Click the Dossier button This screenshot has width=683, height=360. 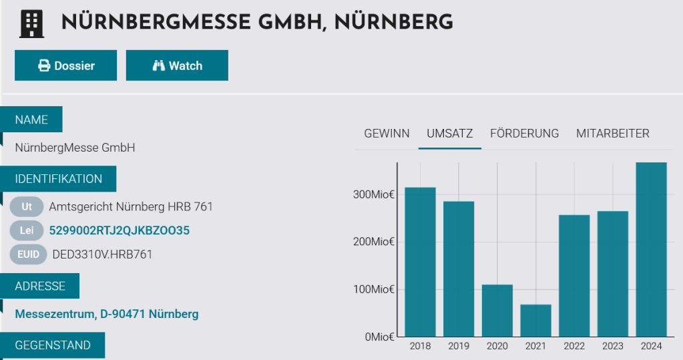click(x=66, y=65)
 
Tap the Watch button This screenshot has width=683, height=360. click(x=177, y=65)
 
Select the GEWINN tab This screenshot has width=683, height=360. click(x=387, y=134)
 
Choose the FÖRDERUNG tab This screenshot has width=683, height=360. click(x=524, y=134)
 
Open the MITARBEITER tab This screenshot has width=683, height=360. click(x=612, y=134)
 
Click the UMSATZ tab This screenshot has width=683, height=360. click(x=449, y=134)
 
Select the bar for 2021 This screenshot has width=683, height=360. click(x=535, y=321)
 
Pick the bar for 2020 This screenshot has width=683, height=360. click(x=497, y=311)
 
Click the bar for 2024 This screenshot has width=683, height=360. click(x=651, y=250)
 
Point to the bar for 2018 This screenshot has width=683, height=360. click(x=420, y=262)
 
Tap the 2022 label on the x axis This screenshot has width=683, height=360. click(x=574, y=346)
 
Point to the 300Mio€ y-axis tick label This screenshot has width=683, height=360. click(x=373, y=194)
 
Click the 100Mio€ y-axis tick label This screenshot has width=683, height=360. click(x=373, y=289)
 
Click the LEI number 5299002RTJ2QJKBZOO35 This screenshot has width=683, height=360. click(x=120, y=230)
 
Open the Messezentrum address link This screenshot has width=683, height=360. click(x=107, y=314)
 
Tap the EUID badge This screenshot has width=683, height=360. click(x=29, y=254)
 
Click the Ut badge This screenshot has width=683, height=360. click(x=27, y=207)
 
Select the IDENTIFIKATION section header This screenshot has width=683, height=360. click(x=59, y=179)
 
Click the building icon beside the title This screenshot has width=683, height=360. click(x=31, y=23)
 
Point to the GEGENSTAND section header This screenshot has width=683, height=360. click(x=53, y=345)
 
